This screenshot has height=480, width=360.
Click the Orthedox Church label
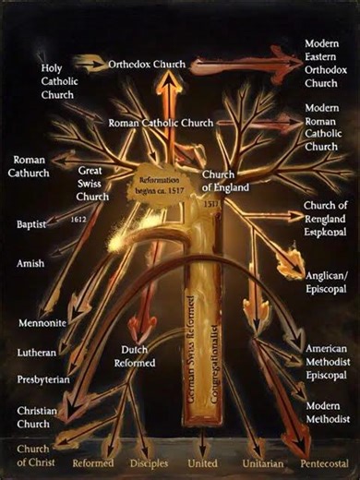[146, 66]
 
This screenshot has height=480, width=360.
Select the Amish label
[30, 264]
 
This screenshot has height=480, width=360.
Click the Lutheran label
[36, 353]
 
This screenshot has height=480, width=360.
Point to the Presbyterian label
[43, 379]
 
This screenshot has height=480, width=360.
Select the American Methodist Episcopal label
[329, 362]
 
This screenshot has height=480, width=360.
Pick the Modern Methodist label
[327, 413]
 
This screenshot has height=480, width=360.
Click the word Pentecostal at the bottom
[324, 463]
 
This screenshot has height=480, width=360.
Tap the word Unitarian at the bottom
[260, 463]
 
